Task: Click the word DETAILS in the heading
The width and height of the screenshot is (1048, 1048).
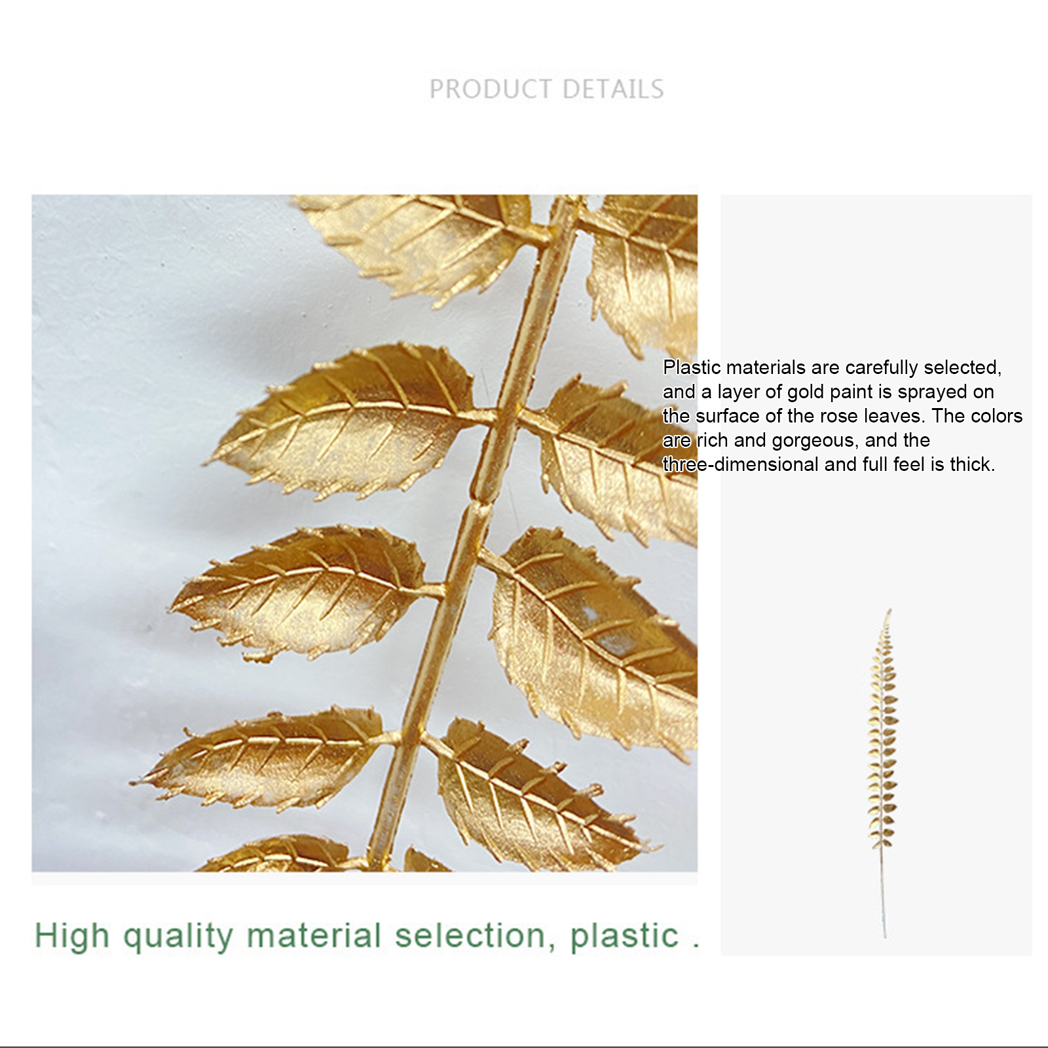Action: [x=613, y=89]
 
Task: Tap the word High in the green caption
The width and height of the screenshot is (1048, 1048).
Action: [x=72, y=936]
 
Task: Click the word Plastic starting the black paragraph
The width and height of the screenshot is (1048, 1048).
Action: [x=692, y=367]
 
